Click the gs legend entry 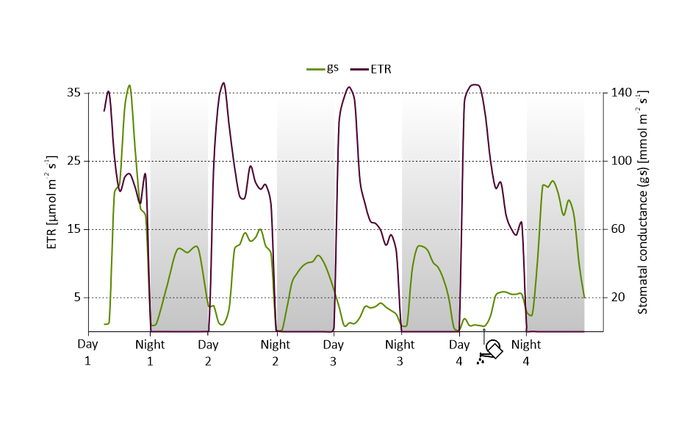pyautogui.click(x=323, y=68)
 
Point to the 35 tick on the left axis pyautogui.click(x=73, y=93)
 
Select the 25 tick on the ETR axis pyautogui.click(x=73, y=161)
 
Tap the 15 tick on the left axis pyautogui.click(x=73, y=229)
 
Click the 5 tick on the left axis pyautogui.click(x=76, y=298)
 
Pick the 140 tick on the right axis pyautogui.click(x=622, y=93)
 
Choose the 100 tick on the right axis pyautogui.click(x=622, y=161)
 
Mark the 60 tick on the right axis pyautogui.click(x=619, y=229)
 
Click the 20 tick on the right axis pyautogui.click(x=619, y=298)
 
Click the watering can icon pyautogui.click(x=490, y=351)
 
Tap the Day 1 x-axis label pyautogui.click(x=88, y=352)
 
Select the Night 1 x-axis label pyautogui.click(x=151, y=352)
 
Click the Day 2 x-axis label pyautogui.click(x=208, y=352)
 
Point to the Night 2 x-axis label pyautogui.click(x=276, y=352)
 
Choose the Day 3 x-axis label pyautogui.click(x=334, y=352)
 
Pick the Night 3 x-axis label pyautogui.click(x=400, y=352)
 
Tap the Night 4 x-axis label pyautogui.click(x=526, y=352)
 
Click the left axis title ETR pyautogui.click(x=52, y=201)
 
